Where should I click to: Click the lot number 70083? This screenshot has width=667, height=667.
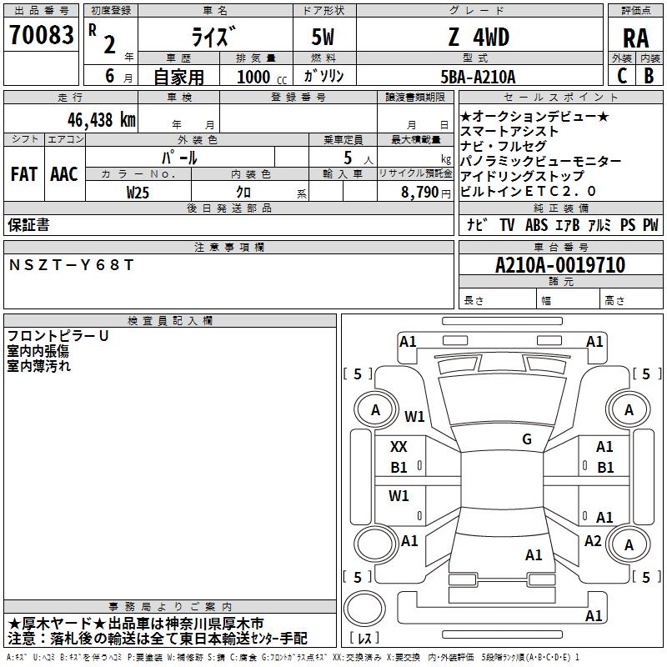point(41,35)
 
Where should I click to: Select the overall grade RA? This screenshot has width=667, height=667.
point(635,38)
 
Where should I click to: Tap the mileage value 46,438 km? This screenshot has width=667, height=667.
point(101,120)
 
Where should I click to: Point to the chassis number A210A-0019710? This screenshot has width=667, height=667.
point(560,265)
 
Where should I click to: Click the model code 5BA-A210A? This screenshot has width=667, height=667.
point(478,77)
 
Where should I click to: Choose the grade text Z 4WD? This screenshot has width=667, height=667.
point(479,37)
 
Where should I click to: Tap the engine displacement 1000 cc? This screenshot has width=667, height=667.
point(262,77)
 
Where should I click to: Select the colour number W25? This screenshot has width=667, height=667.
point(138,193)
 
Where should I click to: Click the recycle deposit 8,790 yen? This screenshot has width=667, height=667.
point(425,193)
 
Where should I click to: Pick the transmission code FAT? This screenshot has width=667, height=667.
point(24,174)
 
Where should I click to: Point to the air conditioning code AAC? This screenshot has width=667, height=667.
point(64,174)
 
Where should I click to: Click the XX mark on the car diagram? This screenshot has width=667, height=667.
point(399,447)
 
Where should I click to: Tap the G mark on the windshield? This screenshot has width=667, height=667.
point(527,439)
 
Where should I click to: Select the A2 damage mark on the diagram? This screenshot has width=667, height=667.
point(593,541)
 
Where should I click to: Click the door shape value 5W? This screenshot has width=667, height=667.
point(323,37)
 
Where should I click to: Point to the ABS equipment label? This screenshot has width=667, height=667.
point(536,225)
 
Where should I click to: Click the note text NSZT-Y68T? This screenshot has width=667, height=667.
point(71,265)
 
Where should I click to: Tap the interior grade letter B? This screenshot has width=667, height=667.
point(649,76)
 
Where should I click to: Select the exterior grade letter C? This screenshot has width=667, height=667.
point(622,76)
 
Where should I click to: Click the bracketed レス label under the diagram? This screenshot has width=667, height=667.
point(364,638)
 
